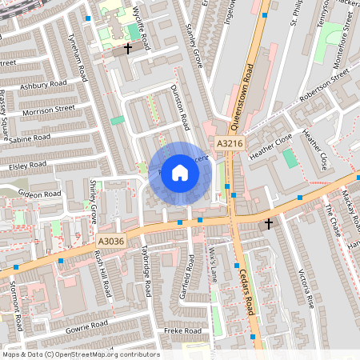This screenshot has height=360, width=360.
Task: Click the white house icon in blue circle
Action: pyautogui.click(x=180, y=172)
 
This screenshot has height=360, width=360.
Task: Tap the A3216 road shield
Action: pyautogui.click(x=229, y=143)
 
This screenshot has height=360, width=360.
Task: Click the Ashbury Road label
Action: pyautogui.click(x=43, y=84)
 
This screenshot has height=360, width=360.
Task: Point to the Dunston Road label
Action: pyautogui.click(x=183, y=110)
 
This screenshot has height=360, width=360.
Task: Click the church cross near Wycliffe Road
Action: pyautogui.click(x=128, y=49)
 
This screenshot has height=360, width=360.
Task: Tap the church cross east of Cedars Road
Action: pyautogui.click(x=269, y=223)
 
